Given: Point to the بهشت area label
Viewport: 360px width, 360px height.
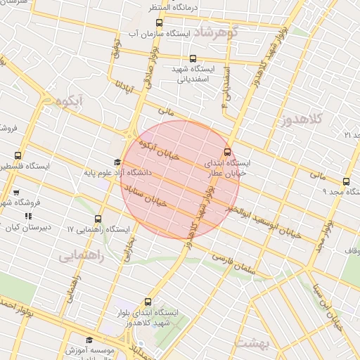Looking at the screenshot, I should pyautogui.click(x=250, y=342).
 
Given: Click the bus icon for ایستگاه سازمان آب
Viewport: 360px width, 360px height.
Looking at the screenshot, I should pyautogui.click(x=153, y=33).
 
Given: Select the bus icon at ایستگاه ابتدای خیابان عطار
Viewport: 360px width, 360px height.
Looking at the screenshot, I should pyautogui.click(x=227, y=152).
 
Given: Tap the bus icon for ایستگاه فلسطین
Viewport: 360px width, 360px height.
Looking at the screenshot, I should pyautogui.click(x=18, y=156).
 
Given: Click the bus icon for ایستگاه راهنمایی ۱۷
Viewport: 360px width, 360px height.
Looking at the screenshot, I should pyautogui.click(x=98, y=219).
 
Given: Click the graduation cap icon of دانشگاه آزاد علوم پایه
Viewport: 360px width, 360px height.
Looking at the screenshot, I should pyautogui.click(x=117, y=162).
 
